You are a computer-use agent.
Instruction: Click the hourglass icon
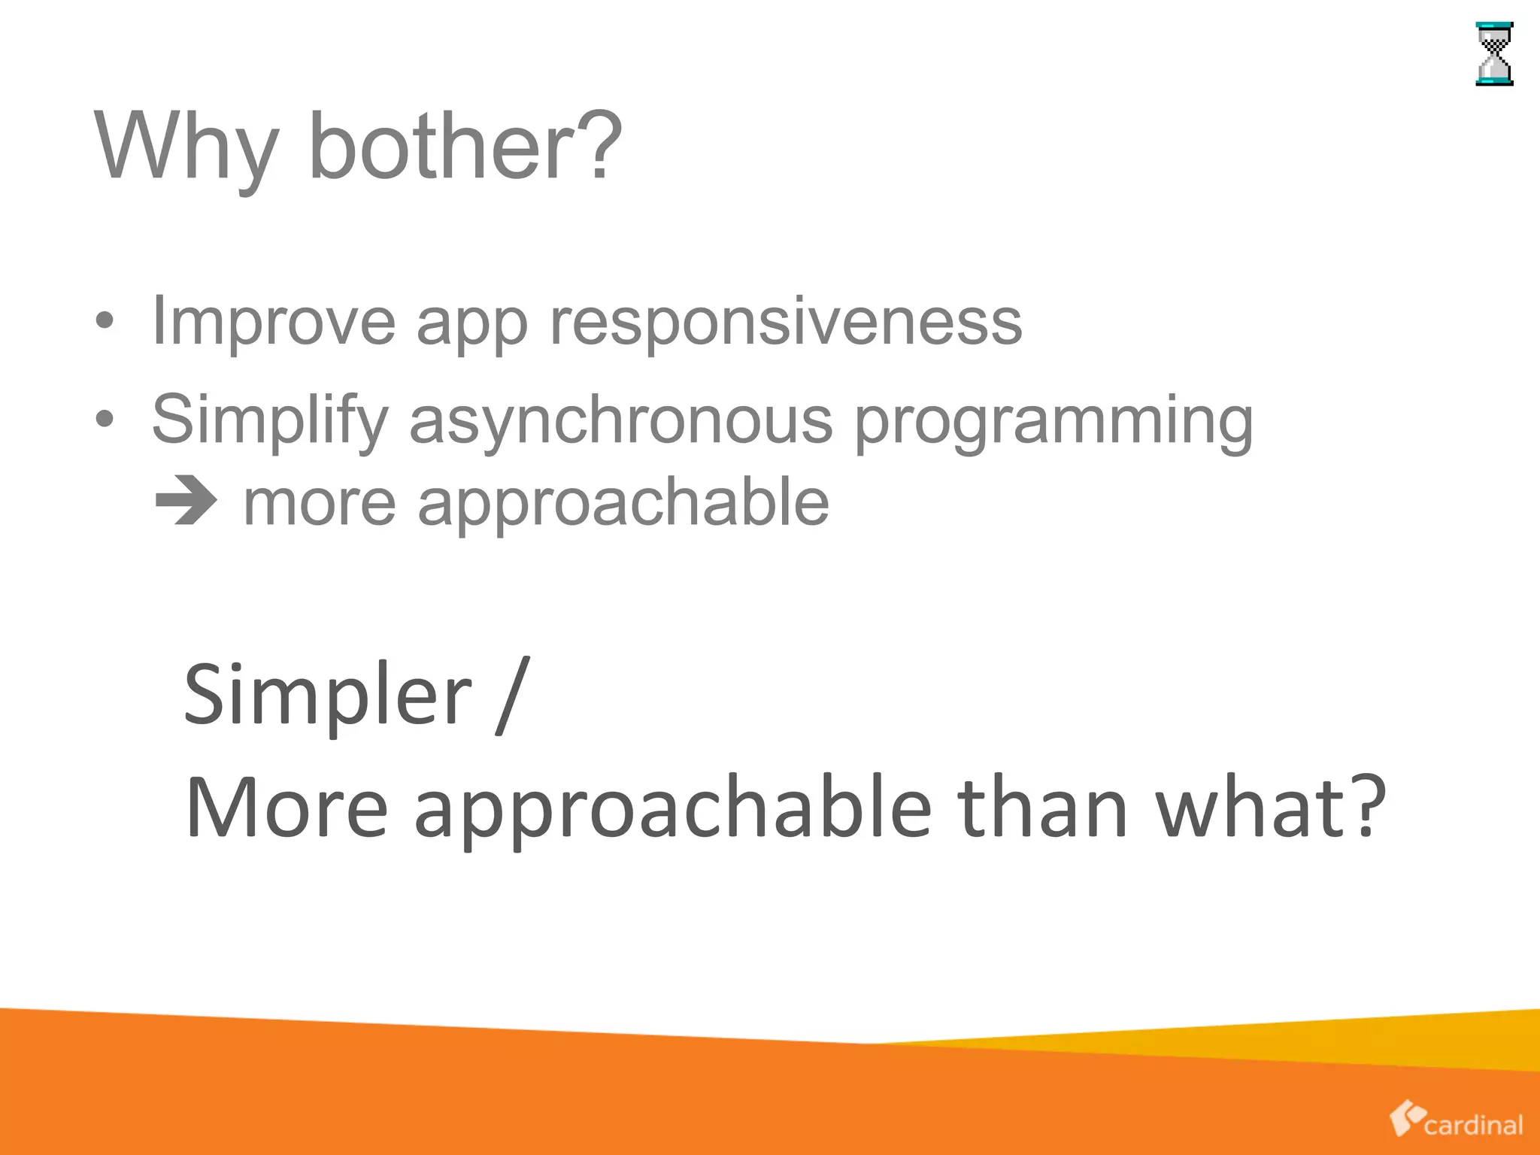[1494, 54]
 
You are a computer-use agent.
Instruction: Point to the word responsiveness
[786, 323]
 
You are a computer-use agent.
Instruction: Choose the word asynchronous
[621, 421]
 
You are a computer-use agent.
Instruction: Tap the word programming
[1054, 423]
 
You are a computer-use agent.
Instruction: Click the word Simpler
[328, 696]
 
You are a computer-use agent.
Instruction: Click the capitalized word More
[286, 808]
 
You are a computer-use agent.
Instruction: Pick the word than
[1043, 808]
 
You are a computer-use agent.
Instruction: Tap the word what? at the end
[1270, 808]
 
